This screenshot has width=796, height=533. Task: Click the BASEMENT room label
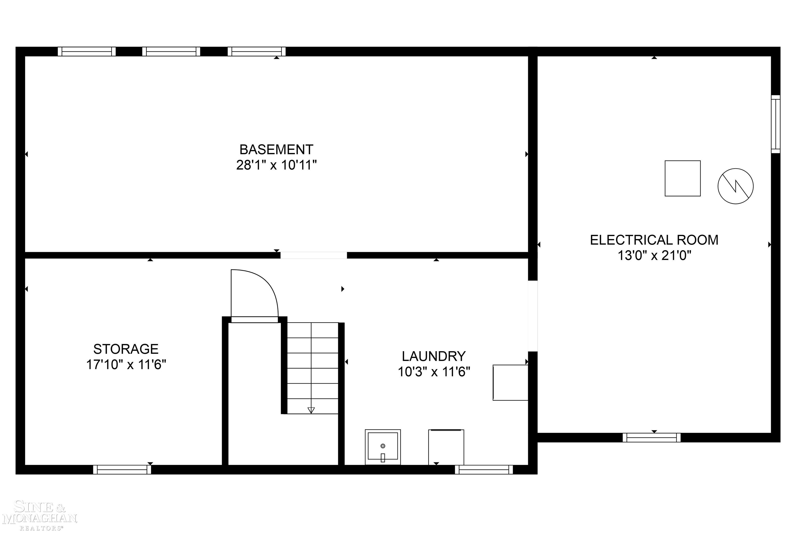pos(276,150)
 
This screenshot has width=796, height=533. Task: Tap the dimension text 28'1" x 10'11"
pos(276,165)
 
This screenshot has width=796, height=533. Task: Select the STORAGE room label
pos(126,349)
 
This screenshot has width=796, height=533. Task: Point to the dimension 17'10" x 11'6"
pos(126,365)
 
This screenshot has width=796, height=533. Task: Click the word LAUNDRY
pos(434,356)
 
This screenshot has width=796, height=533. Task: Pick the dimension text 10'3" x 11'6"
pos(434,372)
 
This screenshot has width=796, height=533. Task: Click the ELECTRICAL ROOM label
pos(654,240)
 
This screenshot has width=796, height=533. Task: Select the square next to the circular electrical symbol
pos(682,178)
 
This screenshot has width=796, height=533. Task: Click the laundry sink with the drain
pos(383,447)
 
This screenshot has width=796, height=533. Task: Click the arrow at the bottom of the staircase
pos(311,410)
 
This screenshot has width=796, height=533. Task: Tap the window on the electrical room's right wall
pos(775,124)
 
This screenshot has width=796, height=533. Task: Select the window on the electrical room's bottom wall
pos(651,438)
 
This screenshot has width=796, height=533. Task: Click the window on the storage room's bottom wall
pos(122,469)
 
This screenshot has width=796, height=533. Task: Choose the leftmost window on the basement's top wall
pos(87,52)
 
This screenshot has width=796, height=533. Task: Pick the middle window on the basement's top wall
pos(171,52)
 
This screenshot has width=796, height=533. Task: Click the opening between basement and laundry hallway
pos(314,255)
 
